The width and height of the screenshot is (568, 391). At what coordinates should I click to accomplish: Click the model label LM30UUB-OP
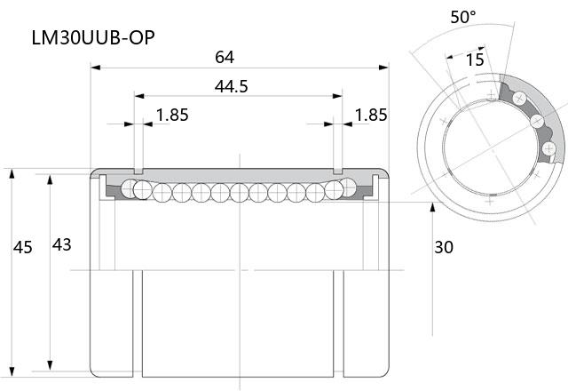pyautogui.click(x=93, y=37)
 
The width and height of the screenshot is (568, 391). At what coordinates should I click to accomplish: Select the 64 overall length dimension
pyautogui.click(x=225, y=57)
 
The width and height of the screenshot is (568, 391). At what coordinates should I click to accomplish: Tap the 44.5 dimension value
pyautogui.click(x=231, y=86)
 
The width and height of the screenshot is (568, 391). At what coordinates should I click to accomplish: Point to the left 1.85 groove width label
pyautogui.click(x=172, y=115)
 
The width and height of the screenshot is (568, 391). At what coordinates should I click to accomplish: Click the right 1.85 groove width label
pyautogui.click(x=371, y=115)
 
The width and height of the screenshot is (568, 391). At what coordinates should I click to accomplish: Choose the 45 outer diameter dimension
pyautogui.click(x=23, y=247)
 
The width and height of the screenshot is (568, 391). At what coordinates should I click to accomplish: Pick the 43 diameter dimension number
pyautogui.click(x=61, y=245)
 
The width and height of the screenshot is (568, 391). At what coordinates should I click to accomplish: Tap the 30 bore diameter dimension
pyautogui.click(x=444, y=247)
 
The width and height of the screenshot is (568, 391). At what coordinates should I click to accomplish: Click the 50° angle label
pyautogui.click(x=463, y=17)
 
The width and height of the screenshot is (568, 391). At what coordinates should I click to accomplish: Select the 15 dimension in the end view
pyautogui.click(x=475, y=60)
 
